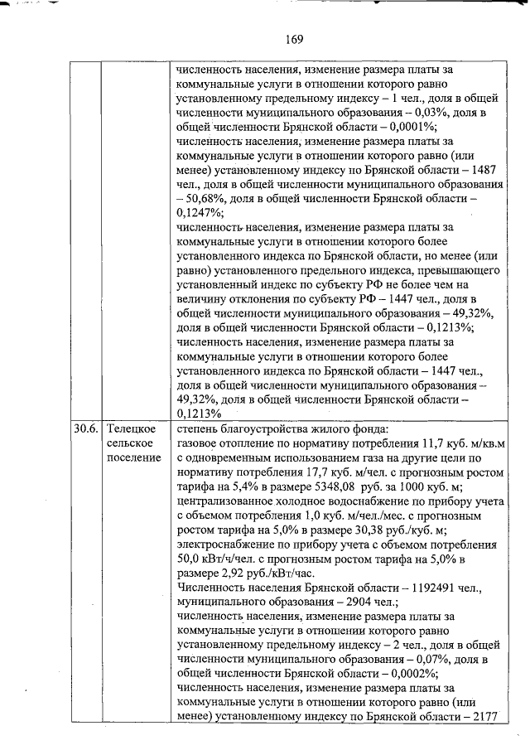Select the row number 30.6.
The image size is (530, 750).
tap(84, 428)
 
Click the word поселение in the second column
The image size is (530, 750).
tap(132, 458)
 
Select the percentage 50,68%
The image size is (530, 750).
tap(210, 203)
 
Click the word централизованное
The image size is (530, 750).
tap(225, 503)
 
